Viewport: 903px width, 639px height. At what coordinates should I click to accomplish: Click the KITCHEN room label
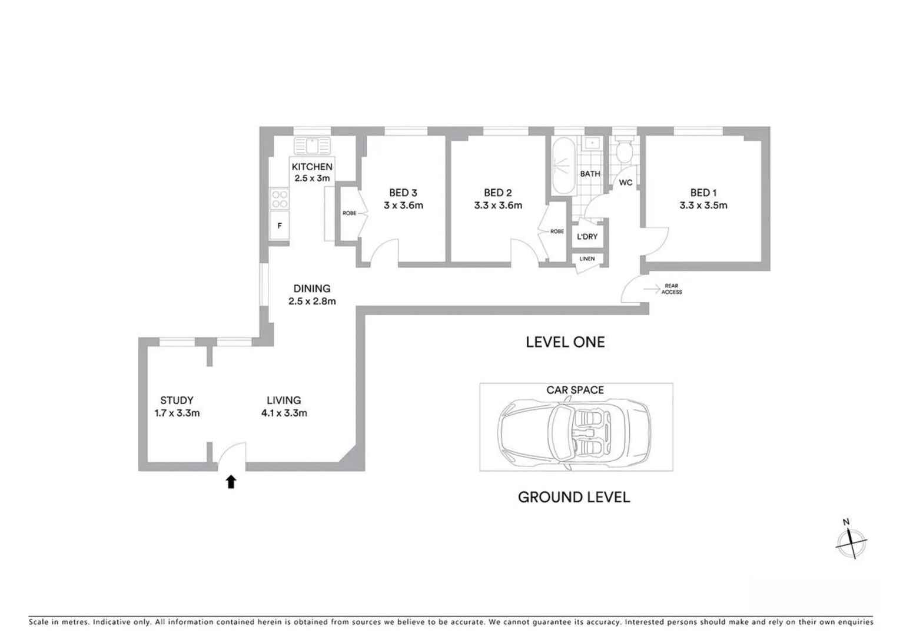pos(311,167)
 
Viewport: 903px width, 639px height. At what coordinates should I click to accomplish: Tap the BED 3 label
pos(403,193)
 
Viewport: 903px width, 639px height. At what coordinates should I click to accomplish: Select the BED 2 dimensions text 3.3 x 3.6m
pos(498,206)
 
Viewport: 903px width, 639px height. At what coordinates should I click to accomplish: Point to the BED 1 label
pos(703,193)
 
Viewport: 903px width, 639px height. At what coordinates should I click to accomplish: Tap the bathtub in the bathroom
pos(563,166)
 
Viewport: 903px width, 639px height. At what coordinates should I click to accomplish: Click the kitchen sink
pos(312,145)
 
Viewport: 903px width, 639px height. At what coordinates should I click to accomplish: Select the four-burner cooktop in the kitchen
pos(280,199)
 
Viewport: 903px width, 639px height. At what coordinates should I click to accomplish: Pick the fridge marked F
pos(280,226)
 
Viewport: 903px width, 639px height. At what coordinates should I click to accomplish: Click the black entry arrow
pos(231,482)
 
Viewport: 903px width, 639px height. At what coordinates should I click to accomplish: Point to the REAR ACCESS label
pos(672,289)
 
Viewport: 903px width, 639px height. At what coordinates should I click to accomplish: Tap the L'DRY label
pos(587,237)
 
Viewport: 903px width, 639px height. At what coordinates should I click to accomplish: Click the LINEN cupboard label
pos(587,259)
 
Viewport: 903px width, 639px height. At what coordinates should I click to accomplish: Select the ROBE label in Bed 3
pos(349,213)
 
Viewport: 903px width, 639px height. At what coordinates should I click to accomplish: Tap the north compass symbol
pos(851,542)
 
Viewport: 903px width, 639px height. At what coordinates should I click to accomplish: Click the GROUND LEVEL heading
pos(574,498)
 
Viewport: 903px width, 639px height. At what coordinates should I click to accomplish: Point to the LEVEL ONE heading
pos(565,343)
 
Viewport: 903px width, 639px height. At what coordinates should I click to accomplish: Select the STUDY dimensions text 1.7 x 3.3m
pos(177,413)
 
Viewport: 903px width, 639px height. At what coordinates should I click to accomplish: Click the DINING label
pos(311,289)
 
